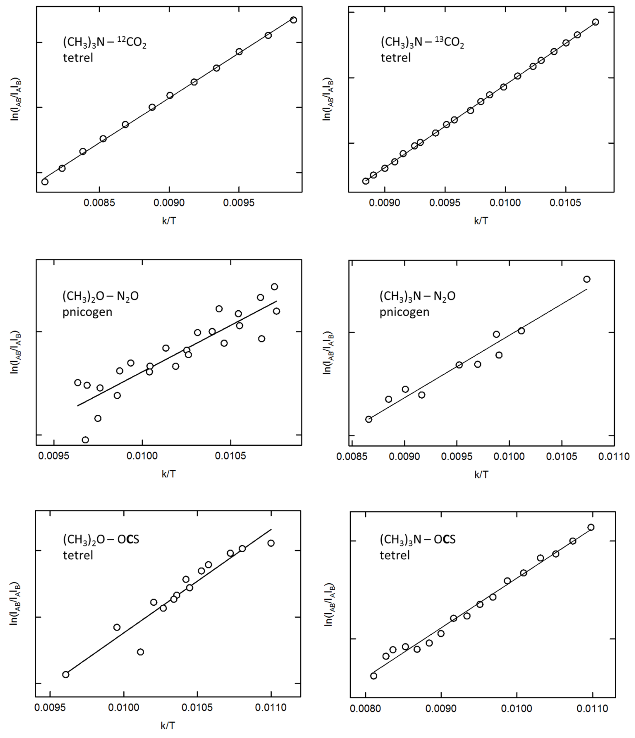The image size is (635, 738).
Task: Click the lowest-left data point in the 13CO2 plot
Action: (x=365, y=181)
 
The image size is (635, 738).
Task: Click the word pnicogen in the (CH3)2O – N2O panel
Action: (x=87, y=312)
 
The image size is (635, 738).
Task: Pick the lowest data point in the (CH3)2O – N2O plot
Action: (x=85, y=440)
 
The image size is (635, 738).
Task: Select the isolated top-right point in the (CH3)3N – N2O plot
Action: (x=587, y=279)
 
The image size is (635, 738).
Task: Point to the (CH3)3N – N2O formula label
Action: (x=417, y=296)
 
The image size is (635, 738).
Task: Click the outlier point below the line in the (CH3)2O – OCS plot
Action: (x=140, y=652)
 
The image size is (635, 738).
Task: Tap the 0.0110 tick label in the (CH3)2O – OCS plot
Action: (x=271, y=707)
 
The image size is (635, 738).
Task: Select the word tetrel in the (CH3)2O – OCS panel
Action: (x=78, y=555)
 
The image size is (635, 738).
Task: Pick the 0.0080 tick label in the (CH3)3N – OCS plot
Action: (x=365, y=709)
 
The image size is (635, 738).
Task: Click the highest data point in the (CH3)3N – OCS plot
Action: (x=591, y=527)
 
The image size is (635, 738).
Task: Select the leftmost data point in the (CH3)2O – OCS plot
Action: (x=66, y=675)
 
